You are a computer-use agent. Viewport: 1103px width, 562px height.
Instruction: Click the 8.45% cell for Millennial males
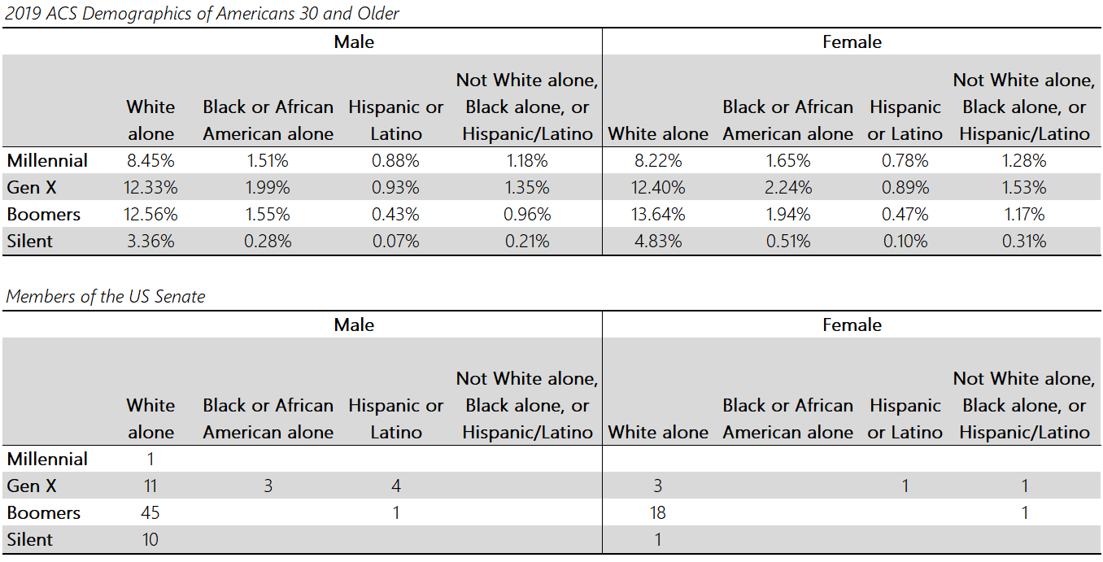pos(150,161)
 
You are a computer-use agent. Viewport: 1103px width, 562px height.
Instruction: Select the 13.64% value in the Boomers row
pos(658,215)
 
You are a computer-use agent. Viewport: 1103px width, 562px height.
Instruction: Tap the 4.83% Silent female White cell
pos(658,242)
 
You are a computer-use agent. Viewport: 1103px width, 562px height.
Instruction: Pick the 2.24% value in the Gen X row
pos(787,188)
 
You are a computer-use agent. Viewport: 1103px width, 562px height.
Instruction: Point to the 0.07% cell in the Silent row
pos(395,242)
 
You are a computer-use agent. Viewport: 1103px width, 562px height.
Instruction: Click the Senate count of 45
pos(150,513)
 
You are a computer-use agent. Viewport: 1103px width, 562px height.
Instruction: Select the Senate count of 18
pos(658,513)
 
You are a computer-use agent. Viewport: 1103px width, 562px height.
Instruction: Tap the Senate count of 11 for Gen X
pos(150,486)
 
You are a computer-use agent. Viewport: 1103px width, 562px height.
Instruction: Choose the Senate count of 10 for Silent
pos(150,540)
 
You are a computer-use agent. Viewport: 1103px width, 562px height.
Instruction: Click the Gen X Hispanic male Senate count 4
pos(395,486)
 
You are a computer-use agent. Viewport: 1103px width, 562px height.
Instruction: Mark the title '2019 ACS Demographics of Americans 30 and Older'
pos(203,14)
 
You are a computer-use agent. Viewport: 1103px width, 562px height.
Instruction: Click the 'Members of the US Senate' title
pos(106,297)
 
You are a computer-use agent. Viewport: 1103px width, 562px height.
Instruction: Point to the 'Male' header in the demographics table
pos(355,42)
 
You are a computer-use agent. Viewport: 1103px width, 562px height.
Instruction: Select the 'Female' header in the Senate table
pos(852,325)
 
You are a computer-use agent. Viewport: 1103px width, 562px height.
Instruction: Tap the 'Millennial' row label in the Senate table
pos(47,460)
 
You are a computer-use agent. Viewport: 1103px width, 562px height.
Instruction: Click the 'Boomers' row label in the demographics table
pos(44,215)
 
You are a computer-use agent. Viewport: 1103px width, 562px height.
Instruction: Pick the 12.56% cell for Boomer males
pos(150,215)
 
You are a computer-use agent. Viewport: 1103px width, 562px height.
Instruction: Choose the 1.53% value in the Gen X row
pos(1024,188)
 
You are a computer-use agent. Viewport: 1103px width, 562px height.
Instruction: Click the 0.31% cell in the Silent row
pos(1024,242)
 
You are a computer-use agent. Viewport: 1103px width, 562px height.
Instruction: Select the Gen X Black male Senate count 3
pos(268,486)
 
